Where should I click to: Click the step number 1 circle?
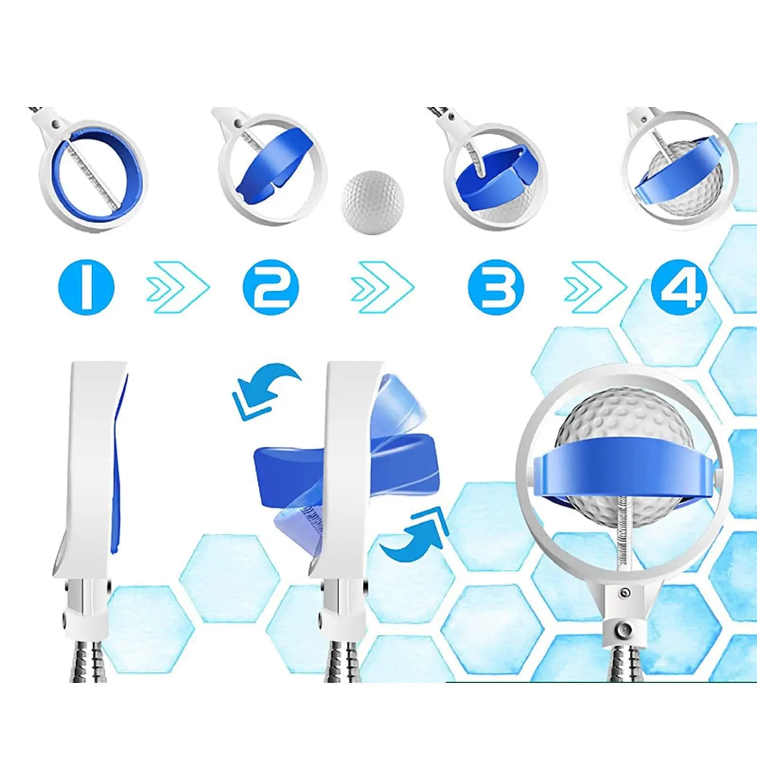click(87, 287)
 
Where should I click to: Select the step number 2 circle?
click(271, 287)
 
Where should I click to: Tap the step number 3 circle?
click(496, 287)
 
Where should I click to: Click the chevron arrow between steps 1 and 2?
click(177, 287)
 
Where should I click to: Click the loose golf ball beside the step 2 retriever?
click(373, 202)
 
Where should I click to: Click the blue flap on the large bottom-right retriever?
click(625, 466)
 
